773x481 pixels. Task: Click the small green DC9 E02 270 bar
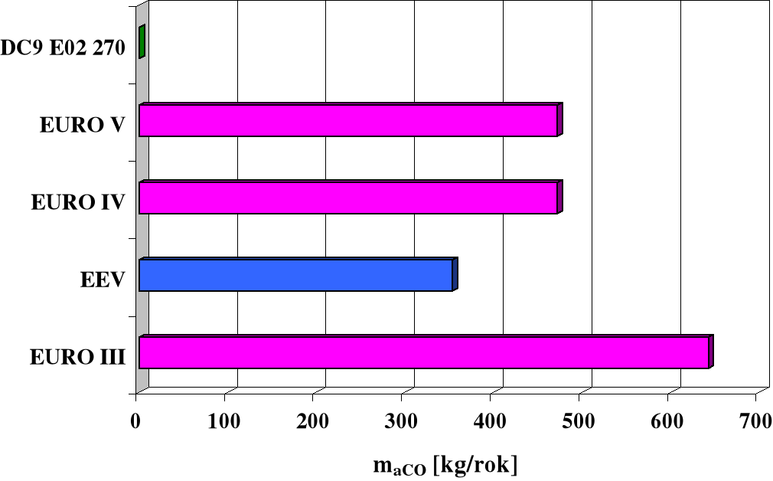tap(142, 42)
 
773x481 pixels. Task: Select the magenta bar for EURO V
tap(348, 120)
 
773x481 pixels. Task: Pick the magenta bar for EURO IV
tap(348, 198)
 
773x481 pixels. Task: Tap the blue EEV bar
tap(295, 276)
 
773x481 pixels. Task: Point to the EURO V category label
tap(82, 125)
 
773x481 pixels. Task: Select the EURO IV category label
tap(77, 202)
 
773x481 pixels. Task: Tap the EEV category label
tap(103, 280)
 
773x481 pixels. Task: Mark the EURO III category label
tap(77, 357)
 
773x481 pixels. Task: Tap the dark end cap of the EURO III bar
tap(711, 352)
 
